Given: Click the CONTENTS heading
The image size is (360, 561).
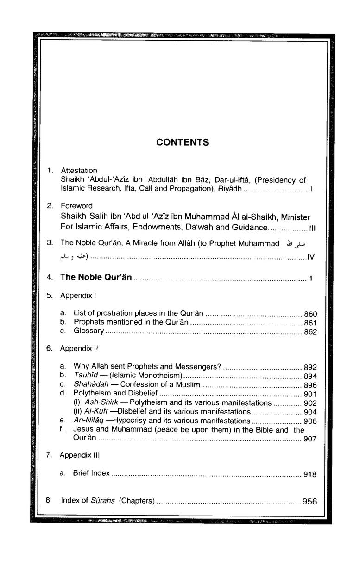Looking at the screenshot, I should [x=183, y=142].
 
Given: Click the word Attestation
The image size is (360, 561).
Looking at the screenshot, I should [x=77, y=170].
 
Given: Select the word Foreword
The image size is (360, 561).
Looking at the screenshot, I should [x=76, y=205].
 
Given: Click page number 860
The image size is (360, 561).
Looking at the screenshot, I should [x=310, y=314].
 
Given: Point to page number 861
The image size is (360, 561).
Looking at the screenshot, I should [x=310, y=323].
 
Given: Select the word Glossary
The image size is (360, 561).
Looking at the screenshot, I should [x=88, y=331].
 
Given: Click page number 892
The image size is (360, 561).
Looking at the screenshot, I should [x=310, y=367].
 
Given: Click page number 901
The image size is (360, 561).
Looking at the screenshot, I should [x=310, y=394].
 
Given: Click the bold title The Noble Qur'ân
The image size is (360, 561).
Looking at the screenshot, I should [x=96, y=277].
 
